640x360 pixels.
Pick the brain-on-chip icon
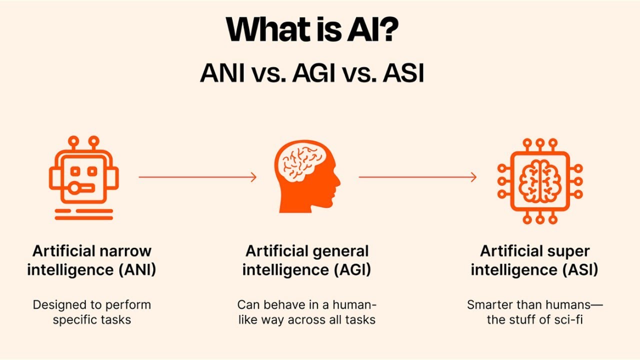click(540, 180)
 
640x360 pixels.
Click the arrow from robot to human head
click(197, 177)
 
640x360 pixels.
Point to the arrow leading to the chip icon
click(417, 177)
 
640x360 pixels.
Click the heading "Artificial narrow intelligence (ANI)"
click(91, 260)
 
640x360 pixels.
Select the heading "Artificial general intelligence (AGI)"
click(306, 260)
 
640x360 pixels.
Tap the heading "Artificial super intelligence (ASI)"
click(534, 260)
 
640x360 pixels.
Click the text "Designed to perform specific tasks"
click(91, 312)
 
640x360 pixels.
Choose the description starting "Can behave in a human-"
click(306, 312)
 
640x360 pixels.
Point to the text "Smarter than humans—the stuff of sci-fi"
click(534, 312)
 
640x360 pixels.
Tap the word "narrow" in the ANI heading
click(126, 251)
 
